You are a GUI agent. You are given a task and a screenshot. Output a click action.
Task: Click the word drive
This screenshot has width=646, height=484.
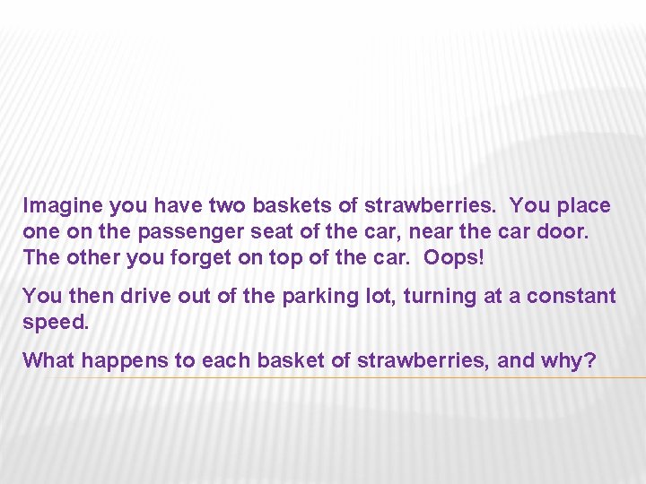coord(146,296)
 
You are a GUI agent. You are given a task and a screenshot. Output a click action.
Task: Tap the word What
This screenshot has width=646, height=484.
coord(48,361)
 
